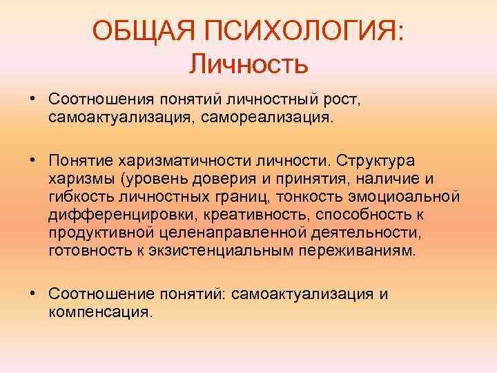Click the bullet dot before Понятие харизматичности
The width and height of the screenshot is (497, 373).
[x=32, y=160]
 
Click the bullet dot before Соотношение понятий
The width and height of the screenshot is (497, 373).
[x=32, y=294]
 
